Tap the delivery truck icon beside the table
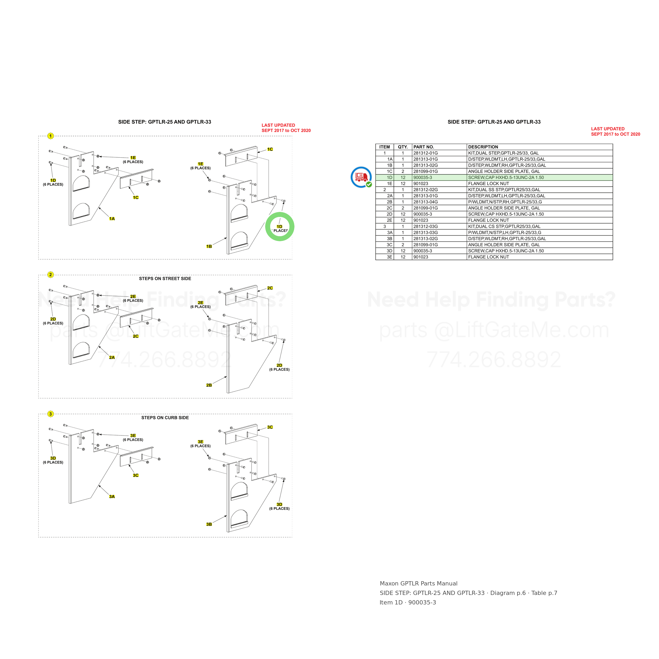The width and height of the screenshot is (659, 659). tap(361, 177)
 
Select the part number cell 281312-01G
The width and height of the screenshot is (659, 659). tap(425, 153)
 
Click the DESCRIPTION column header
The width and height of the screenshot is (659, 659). tap(483, 147)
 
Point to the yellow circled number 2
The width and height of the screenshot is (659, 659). tap(51, 275)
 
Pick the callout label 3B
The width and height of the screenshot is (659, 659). tap(209, 525)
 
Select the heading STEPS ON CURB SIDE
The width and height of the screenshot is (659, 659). tap(165, 418)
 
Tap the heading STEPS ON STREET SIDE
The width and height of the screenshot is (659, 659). tap(165, 279)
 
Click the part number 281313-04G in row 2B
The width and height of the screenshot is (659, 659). tap(425, 202)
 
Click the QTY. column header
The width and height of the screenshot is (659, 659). tap(403, 147)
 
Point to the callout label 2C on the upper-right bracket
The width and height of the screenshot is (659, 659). tap(270, 288)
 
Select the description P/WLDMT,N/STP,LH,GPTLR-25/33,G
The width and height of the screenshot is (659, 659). tap(505, 233)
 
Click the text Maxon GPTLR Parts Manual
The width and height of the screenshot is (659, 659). tap(419, 584)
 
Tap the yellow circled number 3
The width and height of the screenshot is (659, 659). tap(51, 414)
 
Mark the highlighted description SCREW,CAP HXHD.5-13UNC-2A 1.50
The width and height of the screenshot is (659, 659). tap(506, 178)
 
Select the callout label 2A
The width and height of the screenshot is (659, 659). tap(112, 358)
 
